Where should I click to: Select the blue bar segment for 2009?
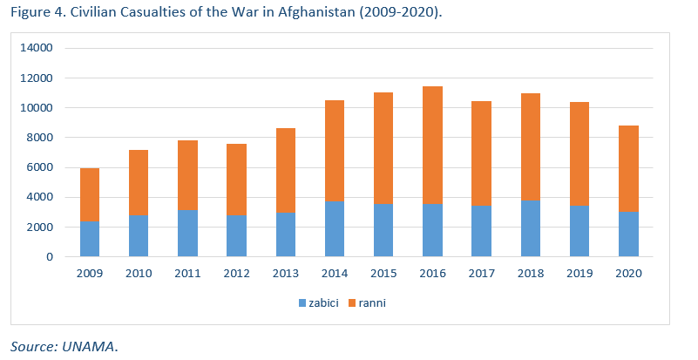(x=89, y=239)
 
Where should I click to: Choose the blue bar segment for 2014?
(x=334, y=228)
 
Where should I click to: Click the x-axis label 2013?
(x=285, y=274)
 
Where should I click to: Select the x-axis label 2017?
(x=481, y=274)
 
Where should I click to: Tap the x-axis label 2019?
(x=579, y=274)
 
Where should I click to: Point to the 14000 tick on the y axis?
(x=37, y=48)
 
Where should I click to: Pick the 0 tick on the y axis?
(x=50, y=257)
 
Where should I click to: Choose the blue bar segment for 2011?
(x=186, y=234)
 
